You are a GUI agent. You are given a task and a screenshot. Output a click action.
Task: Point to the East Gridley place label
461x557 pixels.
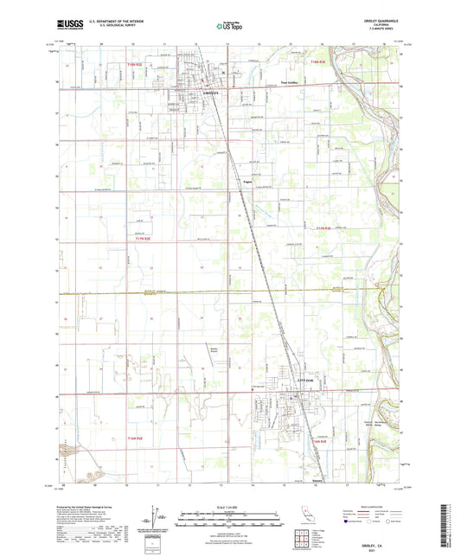(x=277, y=84)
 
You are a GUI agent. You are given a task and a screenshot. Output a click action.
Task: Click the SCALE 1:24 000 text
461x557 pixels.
(x=230, y=508)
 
